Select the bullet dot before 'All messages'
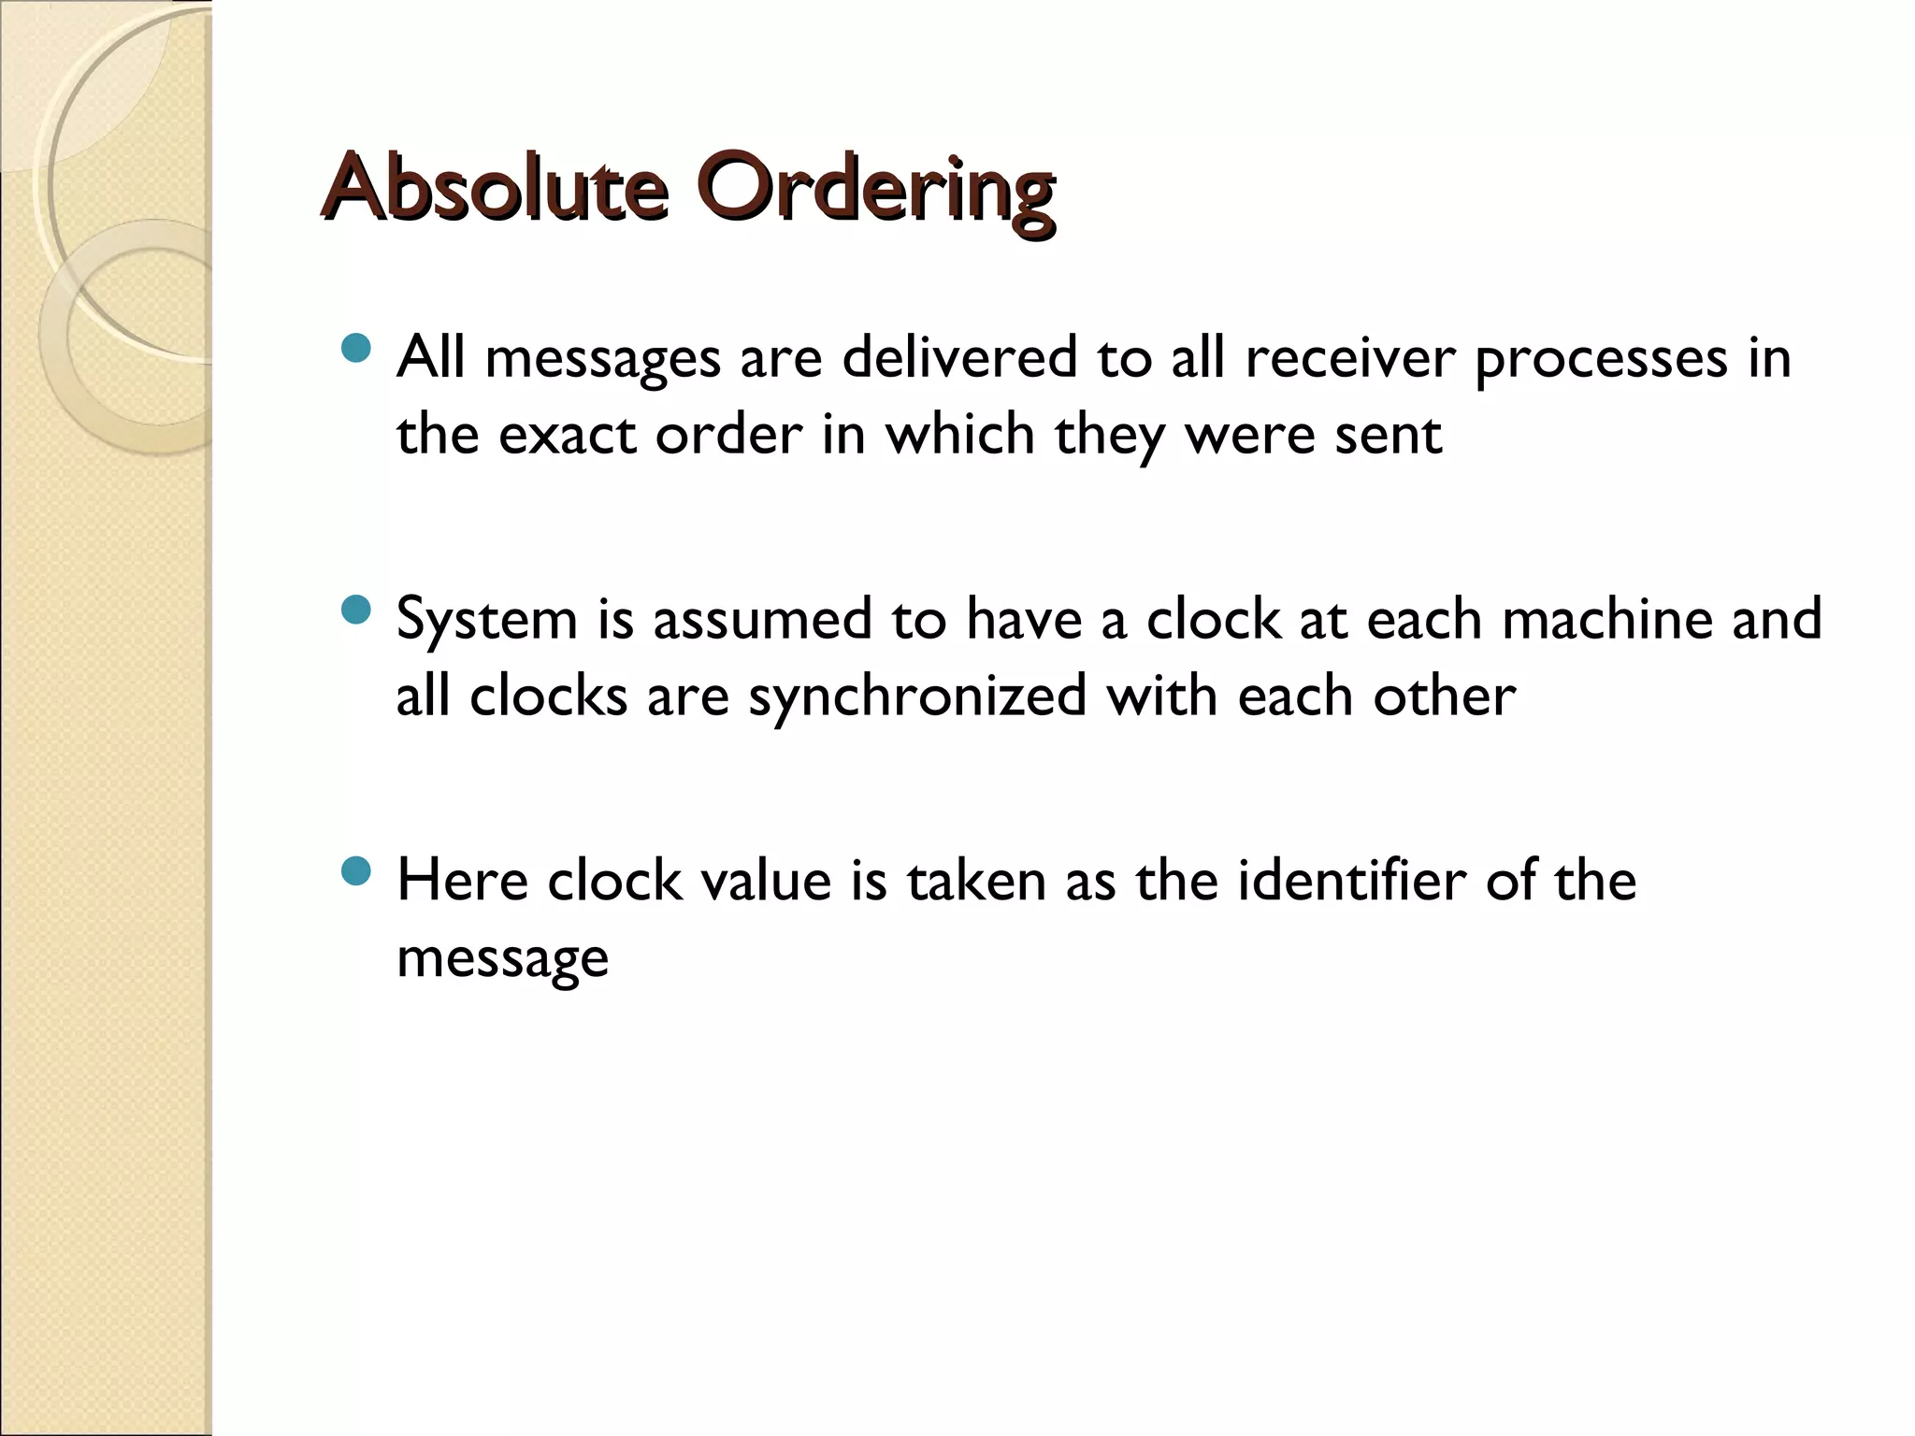356,350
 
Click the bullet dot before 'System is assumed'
356,611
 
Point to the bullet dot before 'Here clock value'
356,873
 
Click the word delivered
959,357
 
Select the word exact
568,435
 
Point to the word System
487,621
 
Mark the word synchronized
917,697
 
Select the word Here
462,881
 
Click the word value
766,881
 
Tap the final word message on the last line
502,959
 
